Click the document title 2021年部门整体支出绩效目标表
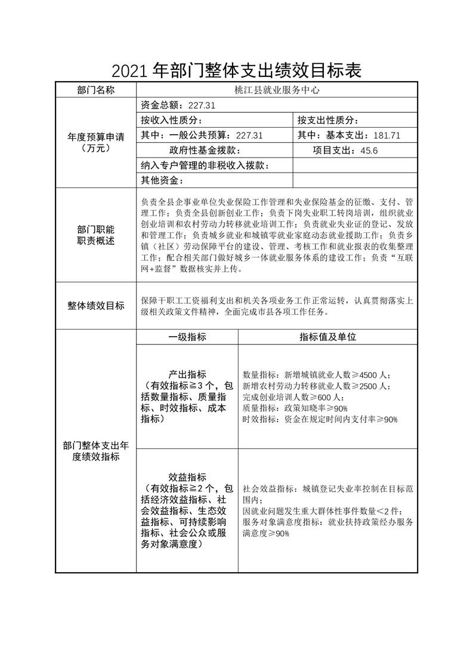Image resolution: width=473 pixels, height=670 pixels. [x=236, y=71]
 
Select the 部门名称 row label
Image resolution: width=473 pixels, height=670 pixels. [x=95, y=90]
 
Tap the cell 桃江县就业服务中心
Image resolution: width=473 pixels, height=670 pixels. [x=277, y=90]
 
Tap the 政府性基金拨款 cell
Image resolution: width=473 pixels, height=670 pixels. [x=205, y=150]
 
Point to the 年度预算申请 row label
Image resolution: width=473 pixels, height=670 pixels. [x=95, y=142]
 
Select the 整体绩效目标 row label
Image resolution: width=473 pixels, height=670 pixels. [x=95, y=306]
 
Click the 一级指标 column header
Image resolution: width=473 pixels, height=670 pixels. [x=187, y=337]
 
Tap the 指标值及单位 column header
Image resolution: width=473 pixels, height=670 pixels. [x=327, y=337]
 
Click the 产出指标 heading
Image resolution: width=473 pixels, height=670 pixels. [x=187, y=374]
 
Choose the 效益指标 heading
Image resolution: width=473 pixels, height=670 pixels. [x=187, y=477]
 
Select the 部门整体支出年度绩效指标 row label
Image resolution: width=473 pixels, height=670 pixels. [x=95, y=451]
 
